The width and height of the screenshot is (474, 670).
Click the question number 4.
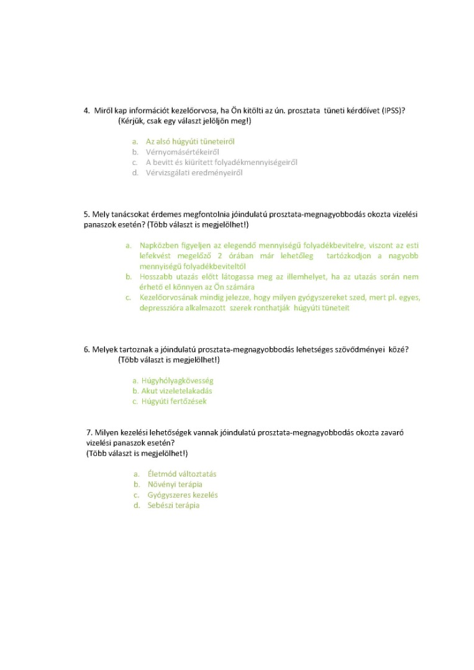86,111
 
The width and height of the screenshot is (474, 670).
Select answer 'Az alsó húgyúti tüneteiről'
189,141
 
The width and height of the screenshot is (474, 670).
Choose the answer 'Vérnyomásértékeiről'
182,152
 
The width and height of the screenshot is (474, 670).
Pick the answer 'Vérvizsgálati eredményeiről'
194,172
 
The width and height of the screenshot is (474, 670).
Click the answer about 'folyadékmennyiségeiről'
221,163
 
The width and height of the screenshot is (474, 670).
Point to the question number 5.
86,215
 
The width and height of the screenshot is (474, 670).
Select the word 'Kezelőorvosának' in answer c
168,297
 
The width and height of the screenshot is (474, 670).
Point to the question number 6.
86,349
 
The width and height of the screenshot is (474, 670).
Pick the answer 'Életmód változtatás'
181,474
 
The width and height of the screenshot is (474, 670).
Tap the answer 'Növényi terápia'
175,485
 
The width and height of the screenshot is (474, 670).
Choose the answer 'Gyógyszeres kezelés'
182,495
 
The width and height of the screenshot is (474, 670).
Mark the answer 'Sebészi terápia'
173,506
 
